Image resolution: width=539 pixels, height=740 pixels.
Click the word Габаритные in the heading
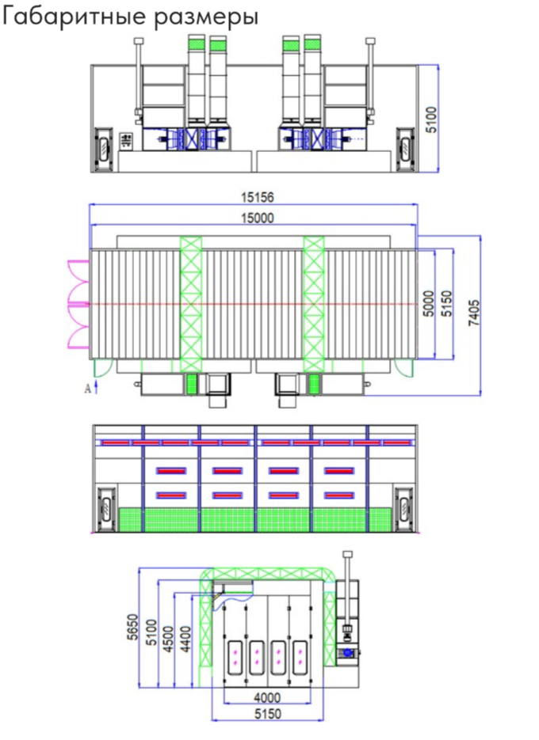click(74, 17)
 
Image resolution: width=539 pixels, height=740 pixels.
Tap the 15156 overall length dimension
click(258, 197)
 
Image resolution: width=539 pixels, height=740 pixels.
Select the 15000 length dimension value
click(258, 218)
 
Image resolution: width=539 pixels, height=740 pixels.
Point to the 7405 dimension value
click(473, 313)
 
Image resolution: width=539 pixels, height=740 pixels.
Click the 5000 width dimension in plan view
click(427, 304)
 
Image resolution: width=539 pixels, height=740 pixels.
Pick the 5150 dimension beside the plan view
click(446, 304)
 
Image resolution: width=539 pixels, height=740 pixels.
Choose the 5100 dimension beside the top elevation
click(432, 120)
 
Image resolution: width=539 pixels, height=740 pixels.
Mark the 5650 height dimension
click(133, 627)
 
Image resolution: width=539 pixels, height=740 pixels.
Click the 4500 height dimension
click(168, 639)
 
